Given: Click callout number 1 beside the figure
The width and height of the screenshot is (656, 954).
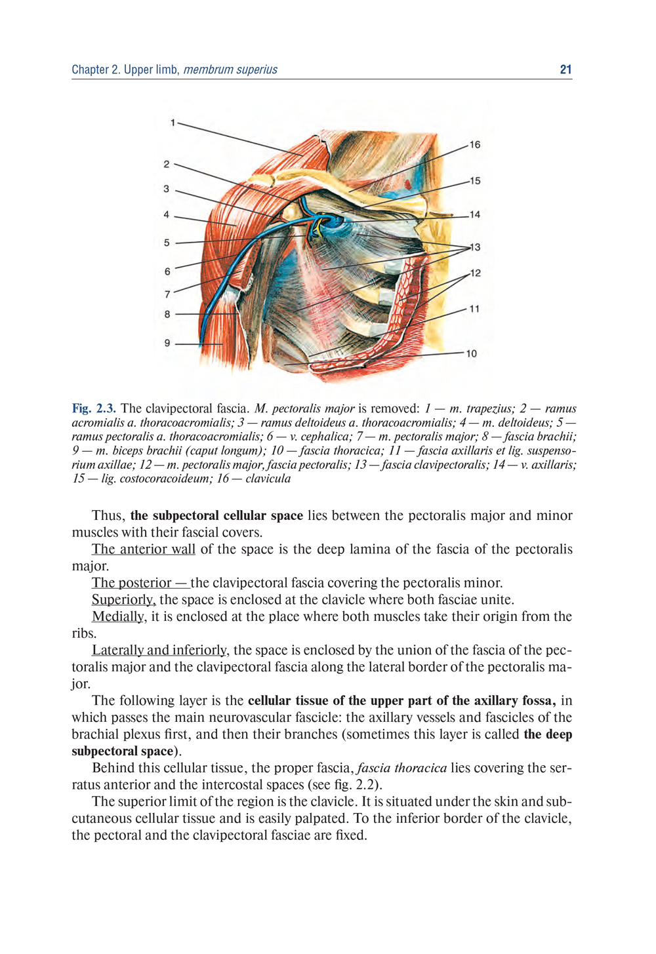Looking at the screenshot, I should [173, 123].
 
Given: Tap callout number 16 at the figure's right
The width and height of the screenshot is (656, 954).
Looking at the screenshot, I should [474, 145].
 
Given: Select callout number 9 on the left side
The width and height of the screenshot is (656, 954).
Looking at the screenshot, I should [167, 343].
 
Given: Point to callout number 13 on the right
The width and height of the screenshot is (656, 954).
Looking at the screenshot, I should [475, 247].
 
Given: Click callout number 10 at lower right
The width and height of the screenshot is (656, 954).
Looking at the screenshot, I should [471, 353].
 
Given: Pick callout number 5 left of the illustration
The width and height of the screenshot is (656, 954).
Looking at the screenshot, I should [167, 243].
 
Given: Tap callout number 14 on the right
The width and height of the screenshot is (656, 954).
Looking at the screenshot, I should [474, 214].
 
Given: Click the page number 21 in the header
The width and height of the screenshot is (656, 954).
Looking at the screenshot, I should [565, 70].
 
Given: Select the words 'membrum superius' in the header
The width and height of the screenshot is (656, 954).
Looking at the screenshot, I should [230, 70].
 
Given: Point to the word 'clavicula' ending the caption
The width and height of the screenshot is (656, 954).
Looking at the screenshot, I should [268, 479].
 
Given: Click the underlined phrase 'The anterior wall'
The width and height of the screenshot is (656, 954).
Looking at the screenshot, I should [144, 549].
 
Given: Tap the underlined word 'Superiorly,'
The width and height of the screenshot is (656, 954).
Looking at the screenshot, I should [124, 600].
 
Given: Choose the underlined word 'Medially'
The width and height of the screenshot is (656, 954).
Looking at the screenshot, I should [118, 617].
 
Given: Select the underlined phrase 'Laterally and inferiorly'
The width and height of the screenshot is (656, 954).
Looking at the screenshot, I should [159, 650].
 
